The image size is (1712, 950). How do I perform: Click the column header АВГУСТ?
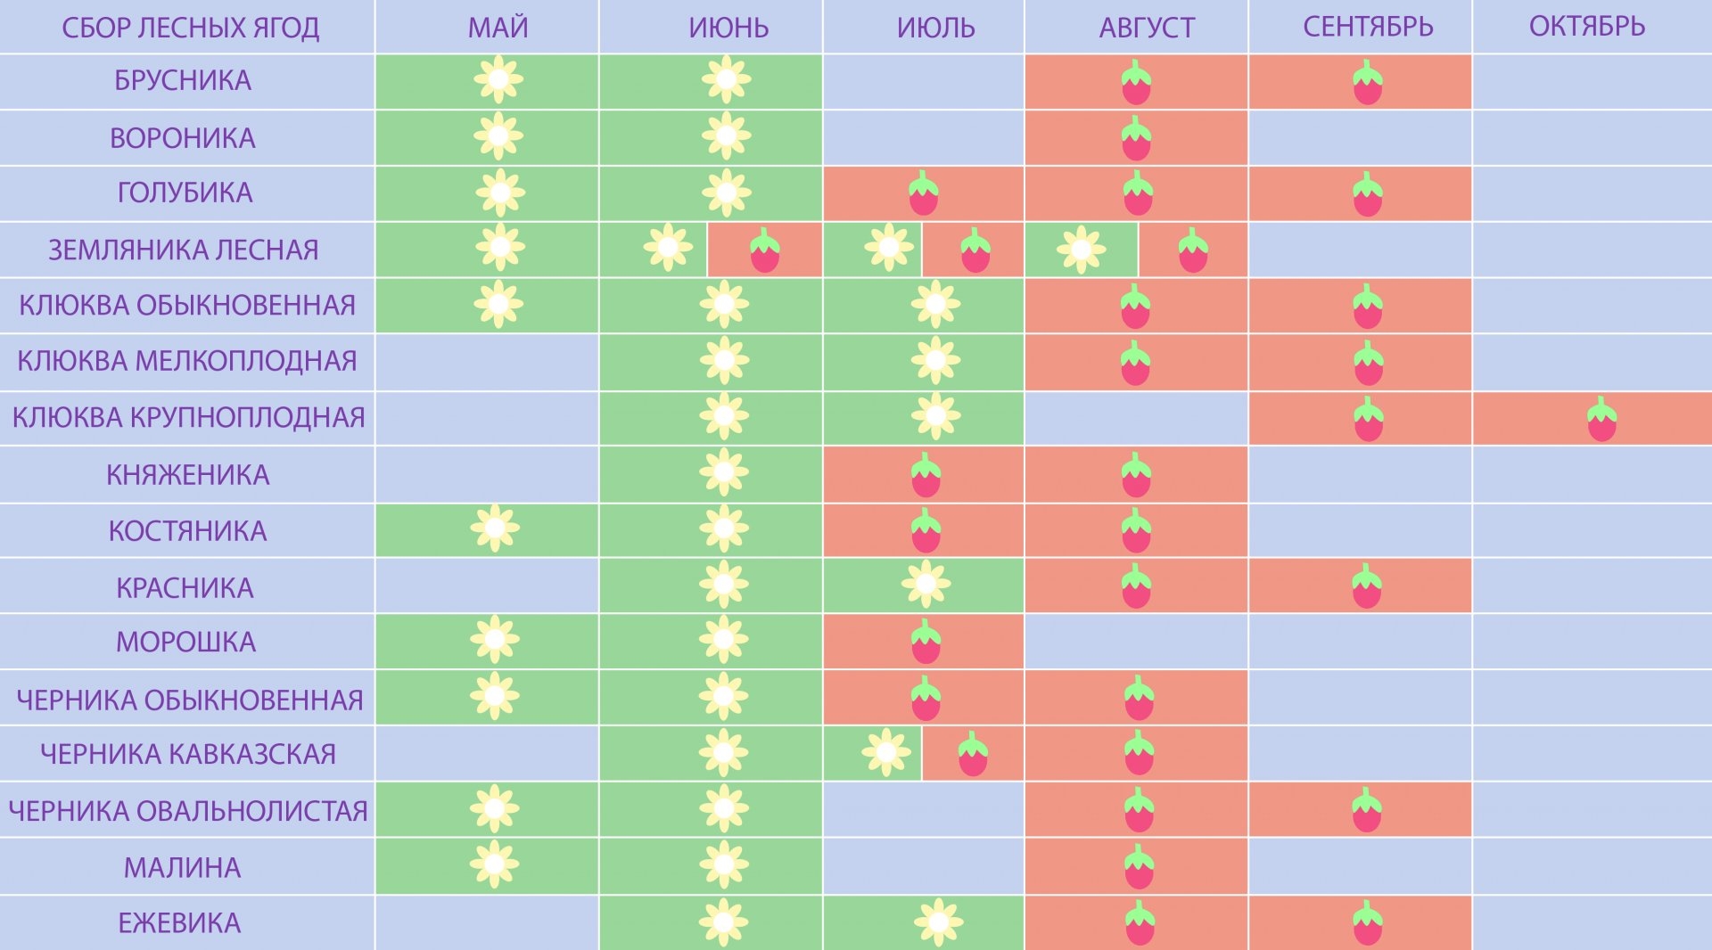coord(1147,28)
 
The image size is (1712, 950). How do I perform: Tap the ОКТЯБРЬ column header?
coord(1587,27)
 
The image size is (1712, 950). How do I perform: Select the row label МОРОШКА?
coord(185,642)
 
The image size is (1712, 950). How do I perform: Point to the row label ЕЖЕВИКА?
coord(179,923)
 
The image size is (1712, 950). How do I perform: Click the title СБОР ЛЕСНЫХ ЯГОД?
coord(190,28)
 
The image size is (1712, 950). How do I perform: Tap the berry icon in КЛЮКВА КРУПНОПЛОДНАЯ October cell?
coord(1601,420)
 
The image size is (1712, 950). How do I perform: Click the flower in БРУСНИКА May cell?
coord(498,80)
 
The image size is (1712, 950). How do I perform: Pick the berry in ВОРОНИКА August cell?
coord(1136,139)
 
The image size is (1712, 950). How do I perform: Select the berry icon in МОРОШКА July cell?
coord(926,642)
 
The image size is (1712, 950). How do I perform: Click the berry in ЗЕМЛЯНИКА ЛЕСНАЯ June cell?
coord(764,250)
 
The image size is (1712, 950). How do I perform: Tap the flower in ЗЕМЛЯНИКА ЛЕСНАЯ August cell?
coord(1081,250)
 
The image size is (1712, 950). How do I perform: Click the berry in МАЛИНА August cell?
coord(1139,867)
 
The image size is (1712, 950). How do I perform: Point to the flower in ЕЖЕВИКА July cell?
coord(938,922)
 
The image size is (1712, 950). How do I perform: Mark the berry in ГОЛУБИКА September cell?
coord(1367,194)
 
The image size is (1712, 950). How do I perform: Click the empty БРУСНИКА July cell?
coord(923,82)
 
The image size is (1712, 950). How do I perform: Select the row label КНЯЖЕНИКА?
coord(187,475)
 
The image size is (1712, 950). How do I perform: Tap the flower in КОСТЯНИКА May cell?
coord(495,528)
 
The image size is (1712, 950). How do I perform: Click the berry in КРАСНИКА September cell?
coord(1367,586)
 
